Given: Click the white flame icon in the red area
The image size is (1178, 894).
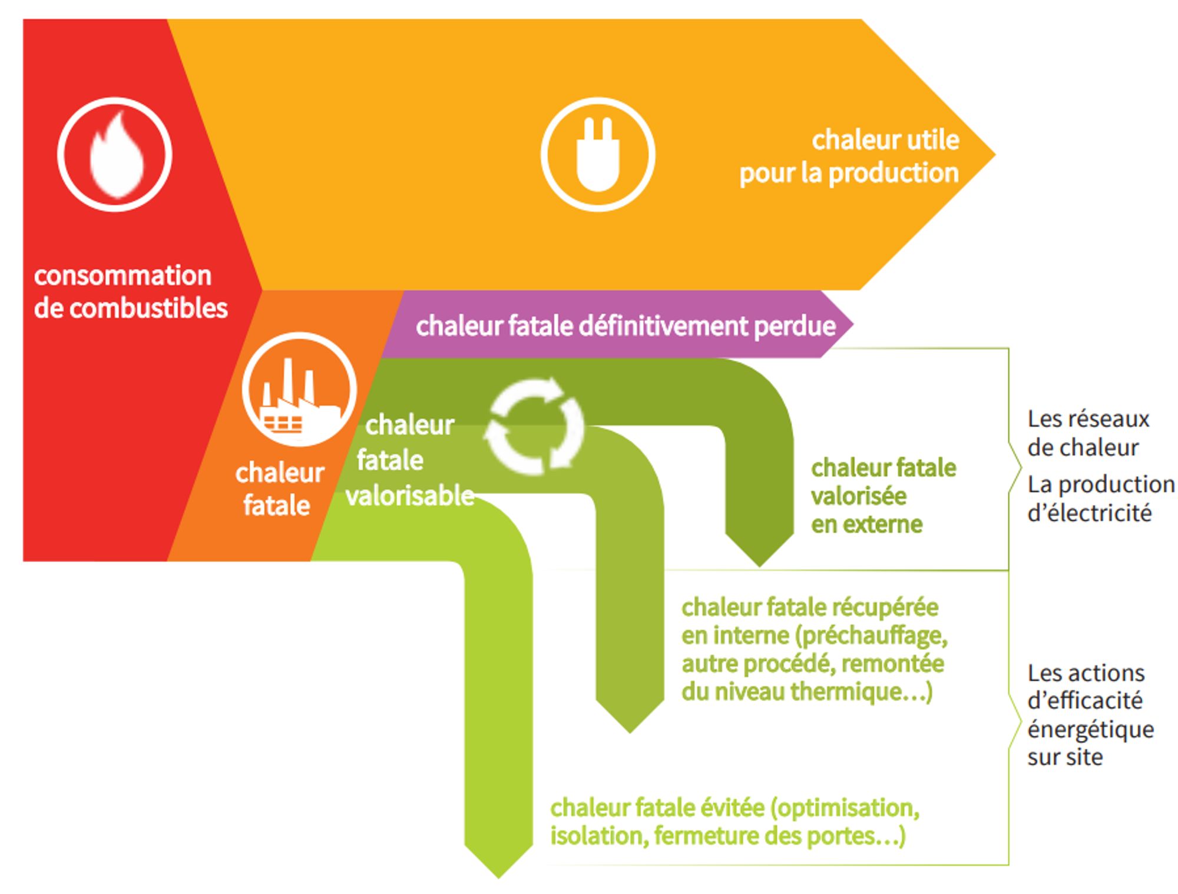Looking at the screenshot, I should pyautogui.click(x=115, y=154).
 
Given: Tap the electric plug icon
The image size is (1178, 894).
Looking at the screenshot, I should pyautogui.click(x=598, y=154).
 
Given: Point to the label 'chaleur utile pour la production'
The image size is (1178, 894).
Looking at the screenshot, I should pyautogui.click(x=849, y=157).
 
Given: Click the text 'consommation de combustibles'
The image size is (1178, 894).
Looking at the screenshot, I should pyautogui.click(x=130, y=292).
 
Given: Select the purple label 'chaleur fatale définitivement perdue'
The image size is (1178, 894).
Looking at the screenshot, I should pyautogui.click(x=626, y=325).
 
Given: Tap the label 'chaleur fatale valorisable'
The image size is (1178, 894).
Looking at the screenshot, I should pyautogui.click(x=409, y=460).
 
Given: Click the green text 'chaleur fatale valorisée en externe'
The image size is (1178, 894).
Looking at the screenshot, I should pyautogui.click(x=882, y=496).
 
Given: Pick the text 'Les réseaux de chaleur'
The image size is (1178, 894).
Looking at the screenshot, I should pyautogui.click(x=1088, y=433).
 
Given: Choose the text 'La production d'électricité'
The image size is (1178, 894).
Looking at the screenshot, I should pyautogui.click(x=1100, y=498).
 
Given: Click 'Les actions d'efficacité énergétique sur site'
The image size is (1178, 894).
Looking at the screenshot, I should pyautogui.click(x=1090, y=714).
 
